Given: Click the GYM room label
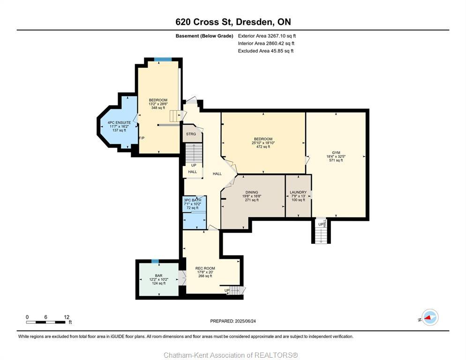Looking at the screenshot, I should click(336, 152).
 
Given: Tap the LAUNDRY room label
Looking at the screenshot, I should click(298, 192).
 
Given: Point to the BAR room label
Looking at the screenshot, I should click(158, 276).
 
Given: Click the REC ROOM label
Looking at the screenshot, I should click(205, 268).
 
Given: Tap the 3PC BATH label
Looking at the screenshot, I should click(192, 200).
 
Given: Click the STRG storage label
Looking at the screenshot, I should click(191, 134).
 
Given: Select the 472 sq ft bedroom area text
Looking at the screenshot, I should click(263, 147).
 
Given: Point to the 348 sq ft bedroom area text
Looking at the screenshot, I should click(158, 108).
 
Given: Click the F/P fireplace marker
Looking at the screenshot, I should click(142, 138).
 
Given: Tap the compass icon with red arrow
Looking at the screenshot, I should click(429, 317).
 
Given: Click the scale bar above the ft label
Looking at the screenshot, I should click(46, 322).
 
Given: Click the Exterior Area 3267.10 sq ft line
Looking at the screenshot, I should click(267, 36).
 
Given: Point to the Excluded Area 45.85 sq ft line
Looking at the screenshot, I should click(265, 51).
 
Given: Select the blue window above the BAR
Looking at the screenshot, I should click(155, 261).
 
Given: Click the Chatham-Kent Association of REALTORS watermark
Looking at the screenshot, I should click(231, 355).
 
